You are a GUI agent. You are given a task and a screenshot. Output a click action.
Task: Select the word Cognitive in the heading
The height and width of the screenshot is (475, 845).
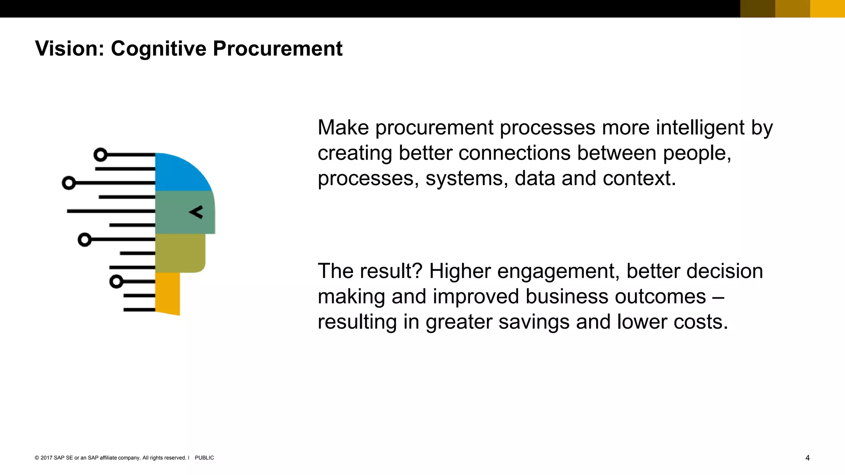(158, 49)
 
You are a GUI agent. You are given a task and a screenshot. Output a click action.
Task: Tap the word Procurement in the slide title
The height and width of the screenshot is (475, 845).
(277, 49)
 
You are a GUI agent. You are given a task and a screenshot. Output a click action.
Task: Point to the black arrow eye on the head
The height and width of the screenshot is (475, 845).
(196, 212)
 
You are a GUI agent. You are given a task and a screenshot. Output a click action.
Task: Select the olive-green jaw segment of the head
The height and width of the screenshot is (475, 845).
(180, 252)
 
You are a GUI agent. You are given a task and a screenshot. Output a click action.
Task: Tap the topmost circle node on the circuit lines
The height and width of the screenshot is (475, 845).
(100, 155)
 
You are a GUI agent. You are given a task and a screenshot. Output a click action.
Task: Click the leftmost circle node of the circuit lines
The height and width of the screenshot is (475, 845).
(68, 183)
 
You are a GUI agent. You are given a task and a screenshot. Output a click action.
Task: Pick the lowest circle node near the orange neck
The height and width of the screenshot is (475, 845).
(116, 282)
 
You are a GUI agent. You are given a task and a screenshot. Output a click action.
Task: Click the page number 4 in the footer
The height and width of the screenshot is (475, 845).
(807, 458)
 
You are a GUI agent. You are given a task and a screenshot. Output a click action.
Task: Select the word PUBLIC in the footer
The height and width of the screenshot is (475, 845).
(204, 458)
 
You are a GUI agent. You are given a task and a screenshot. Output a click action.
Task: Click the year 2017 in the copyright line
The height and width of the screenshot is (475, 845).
(46, 458)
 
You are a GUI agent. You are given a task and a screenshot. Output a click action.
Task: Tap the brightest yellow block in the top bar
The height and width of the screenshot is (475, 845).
(827, 9)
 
